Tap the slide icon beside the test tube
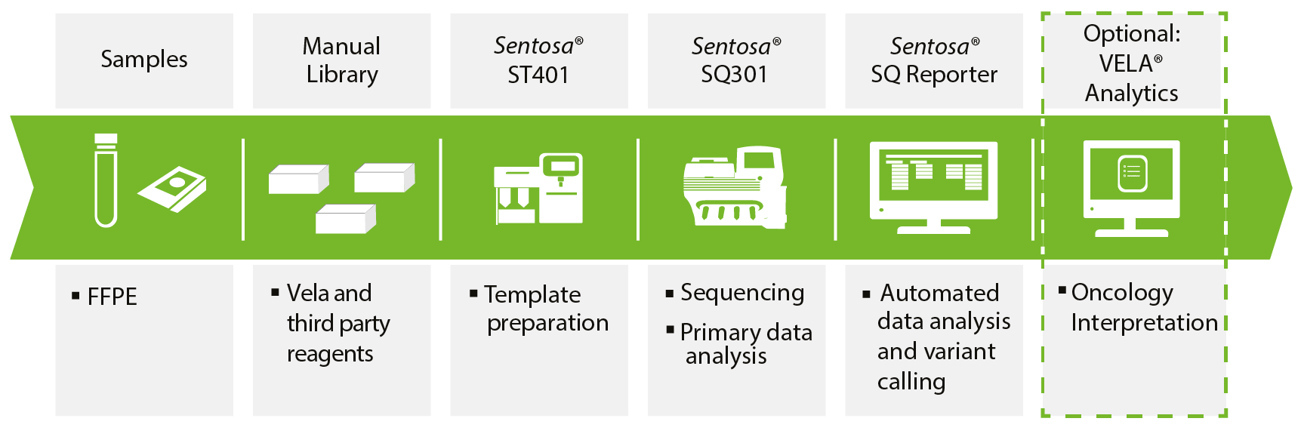coord(172,189)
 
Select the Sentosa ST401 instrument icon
coord(538,188)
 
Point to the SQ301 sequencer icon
coord(735,187)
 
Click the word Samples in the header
coord(144,60)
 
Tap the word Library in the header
coord(342,75)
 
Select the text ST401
coord(538,75)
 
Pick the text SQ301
coord(734,75)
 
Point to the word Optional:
coord(1131,34)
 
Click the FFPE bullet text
coord(112,297)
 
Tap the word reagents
coord(330,354)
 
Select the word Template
coord(532,294)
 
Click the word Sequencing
coord(742,293)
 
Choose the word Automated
coord(939,293)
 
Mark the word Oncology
coord(1122,293)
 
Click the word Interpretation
coord(1144,323)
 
